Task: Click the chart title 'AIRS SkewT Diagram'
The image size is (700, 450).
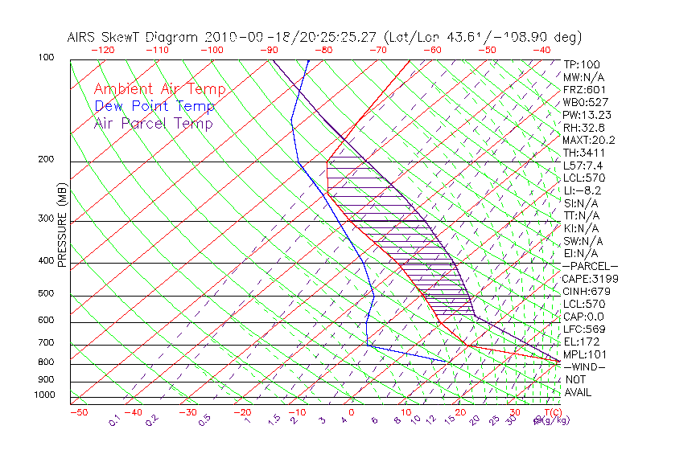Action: click(133, 37)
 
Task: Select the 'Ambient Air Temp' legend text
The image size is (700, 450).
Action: click(159, 90)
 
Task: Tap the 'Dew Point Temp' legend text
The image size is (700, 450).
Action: click(154, 107)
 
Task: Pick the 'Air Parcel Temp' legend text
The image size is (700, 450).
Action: click(153, 124)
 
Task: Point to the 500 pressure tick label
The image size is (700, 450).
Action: click(45, 294)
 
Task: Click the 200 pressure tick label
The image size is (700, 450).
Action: click(45, 160)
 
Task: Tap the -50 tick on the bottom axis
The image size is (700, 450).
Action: click(78, 412)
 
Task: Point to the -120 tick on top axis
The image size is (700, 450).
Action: click(102, 50)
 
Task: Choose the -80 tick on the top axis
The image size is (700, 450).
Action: click(323, 50)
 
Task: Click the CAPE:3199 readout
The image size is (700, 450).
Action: click(590, 279)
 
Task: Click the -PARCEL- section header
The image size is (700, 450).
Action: click(590, 266)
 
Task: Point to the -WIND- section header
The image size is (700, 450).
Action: click(585, 366)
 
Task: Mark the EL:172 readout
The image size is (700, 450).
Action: click(581, 342)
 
